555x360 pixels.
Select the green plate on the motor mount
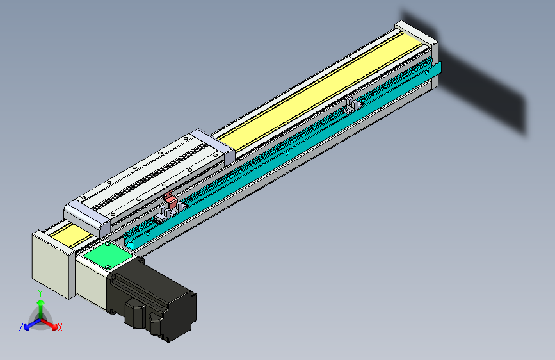pos(106,256)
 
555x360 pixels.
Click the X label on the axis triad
pos(60,327)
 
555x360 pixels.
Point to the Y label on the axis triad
pos(40,292)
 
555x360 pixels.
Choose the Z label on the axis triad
pos(21,327)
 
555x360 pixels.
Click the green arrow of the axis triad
pos(40,307)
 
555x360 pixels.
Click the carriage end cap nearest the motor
pos(87,216)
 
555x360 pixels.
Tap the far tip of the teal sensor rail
pos(438,70)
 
